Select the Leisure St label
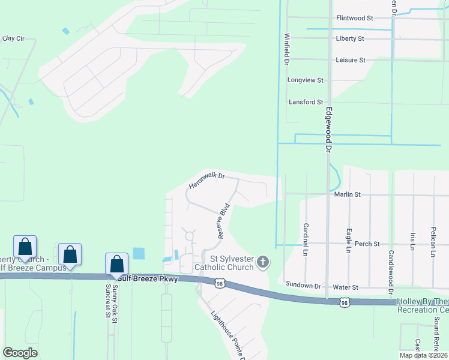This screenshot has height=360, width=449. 351,60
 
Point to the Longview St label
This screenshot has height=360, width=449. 306,80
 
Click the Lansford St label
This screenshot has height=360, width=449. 306,102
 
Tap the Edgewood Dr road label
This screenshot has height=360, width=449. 328,129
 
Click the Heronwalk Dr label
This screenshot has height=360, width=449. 206,181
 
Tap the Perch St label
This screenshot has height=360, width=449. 367,244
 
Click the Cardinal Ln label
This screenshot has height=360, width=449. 306,237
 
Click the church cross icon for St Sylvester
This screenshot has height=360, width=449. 262,262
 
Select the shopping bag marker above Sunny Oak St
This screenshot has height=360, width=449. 116,264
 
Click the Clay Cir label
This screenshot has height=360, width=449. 13,38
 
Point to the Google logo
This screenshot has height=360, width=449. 20,353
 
